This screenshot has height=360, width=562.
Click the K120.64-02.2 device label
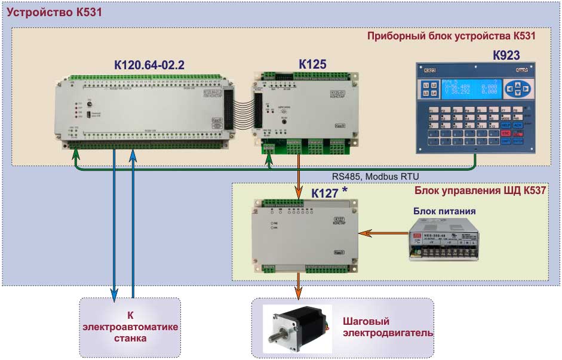[149, 65]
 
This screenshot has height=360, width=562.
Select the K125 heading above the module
[312, 64]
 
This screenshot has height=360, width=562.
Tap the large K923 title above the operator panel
[505, 56]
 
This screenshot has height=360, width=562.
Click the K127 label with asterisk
[328, 193]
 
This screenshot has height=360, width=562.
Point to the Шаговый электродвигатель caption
[386, 327]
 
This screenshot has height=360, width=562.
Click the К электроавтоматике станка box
[130, 327]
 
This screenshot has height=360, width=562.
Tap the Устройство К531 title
[47, 12]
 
